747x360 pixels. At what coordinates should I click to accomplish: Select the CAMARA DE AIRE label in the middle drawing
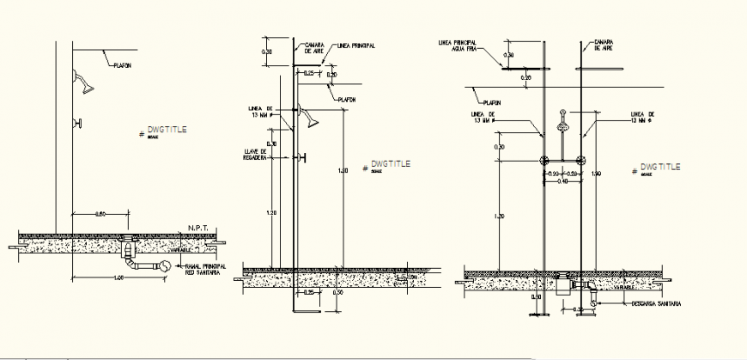point(314,48)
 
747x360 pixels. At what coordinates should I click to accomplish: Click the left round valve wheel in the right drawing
point(543,160)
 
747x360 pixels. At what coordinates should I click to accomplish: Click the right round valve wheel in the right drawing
point(581,160)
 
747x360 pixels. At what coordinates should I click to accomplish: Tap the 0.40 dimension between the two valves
point(562,181)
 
